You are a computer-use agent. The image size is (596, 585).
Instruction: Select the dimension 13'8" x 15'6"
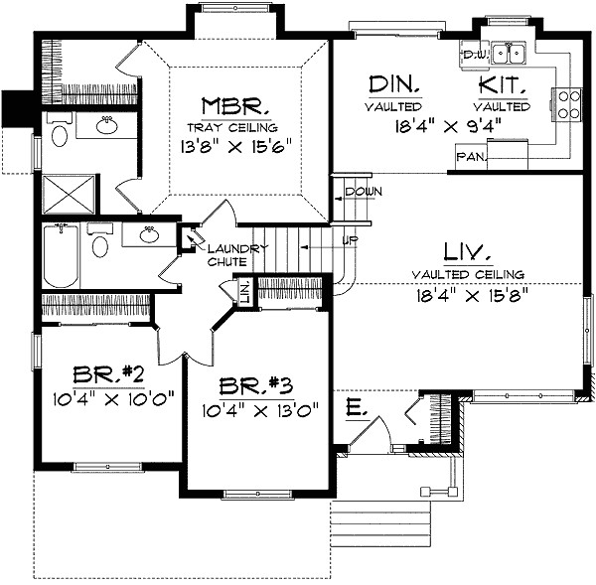tap(235, 146)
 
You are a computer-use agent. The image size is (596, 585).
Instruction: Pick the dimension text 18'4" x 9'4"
tap(447, 126)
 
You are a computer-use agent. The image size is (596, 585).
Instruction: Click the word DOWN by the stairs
tap(357, 191)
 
